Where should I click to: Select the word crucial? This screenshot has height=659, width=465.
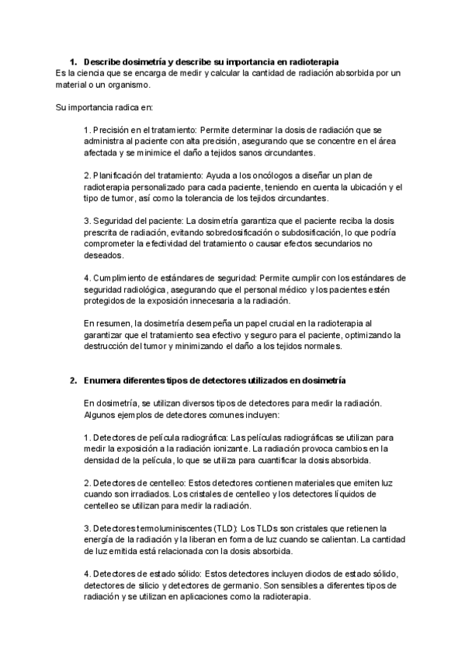click(x=284, y=323)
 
